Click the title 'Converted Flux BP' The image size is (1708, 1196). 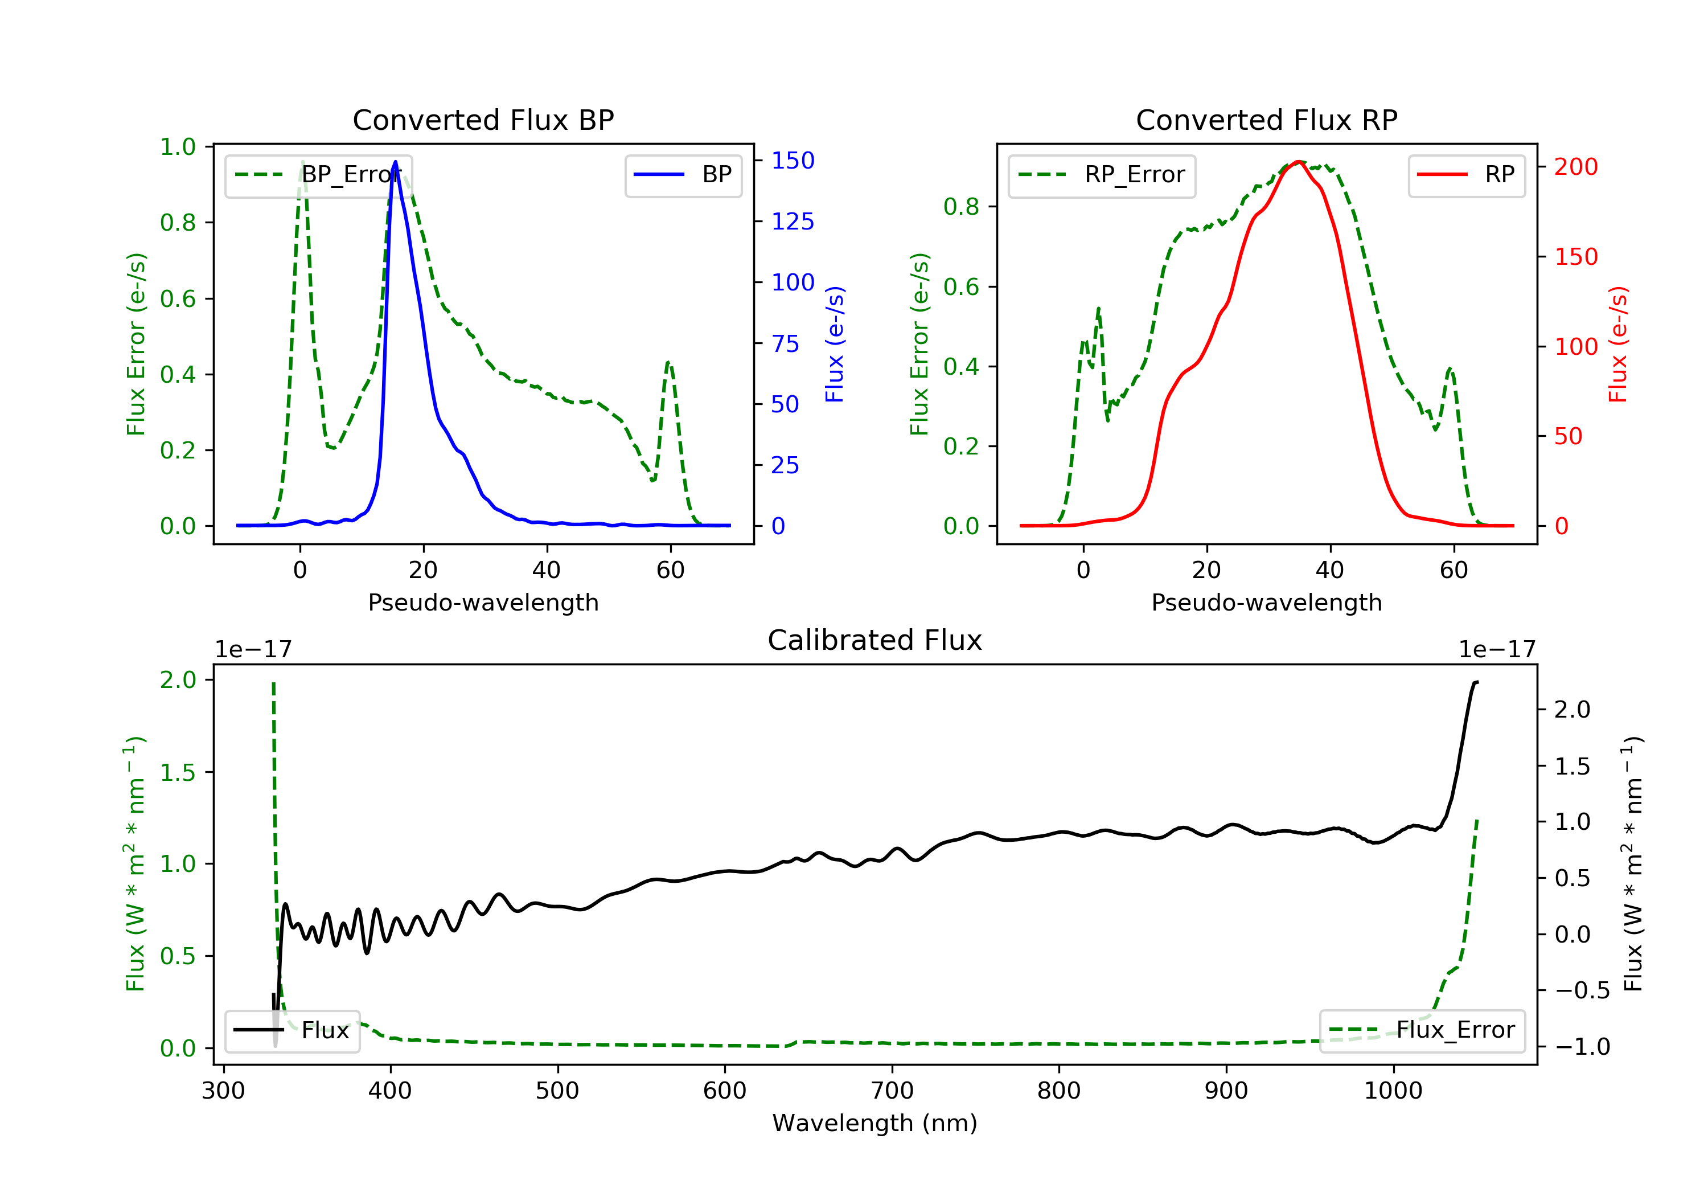click(x=483, y=120)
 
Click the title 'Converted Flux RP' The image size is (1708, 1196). click(x=1266, y=120)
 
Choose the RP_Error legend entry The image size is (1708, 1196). click(x=1101, y=175)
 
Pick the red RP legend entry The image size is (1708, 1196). click(x=1466, y=175)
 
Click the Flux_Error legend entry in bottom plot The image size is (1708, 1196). click(x=1422, y=1030)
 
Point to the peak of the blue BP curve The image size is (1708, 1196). click(x=395, y=162)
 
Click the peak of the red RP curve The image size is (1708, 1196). click(x=1298, y=162)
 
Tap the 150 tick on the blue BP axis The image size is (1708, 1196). click(x=793, y=160)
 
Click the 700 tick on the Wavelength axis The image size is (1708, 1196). click(x=892, y=1091)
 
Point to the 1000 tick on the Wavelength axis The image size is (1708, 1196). click(x=1393, y=1091)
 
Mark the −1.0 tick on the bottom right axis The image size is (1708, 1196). click(x=1582, y=1047)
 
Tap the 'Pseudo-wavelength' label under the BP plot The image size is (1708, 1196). click(x=483, y=602)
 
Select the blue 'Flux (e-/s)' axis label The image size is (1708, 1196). click(x=835, y=344)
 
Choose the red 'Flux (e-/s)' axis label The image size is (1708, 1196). click(x=1618, y=344)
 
